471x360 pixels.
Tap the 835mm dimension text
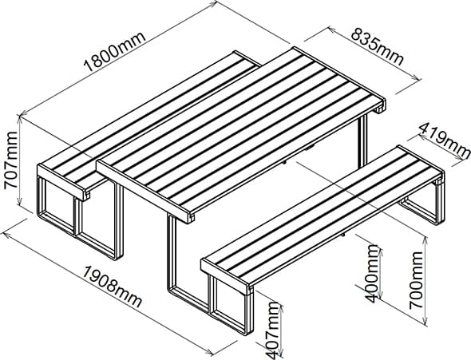pos(377,47)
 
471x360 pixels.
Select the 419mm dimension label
pos(444,140)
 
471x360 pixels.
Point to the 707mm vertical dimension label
pos(11,160)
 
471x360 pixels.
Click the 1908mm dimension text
pos(112,287)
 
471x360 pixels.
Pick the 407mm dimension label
pos(275,330)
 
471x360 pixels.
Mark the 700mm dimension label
pos(416,280)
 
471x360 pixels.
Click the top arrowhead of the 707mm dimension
pos(21,120)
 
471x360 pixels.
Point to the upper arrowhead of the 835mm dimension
pos(331,30)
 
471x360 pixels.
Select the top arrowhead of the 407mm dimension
pos(282,305)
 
